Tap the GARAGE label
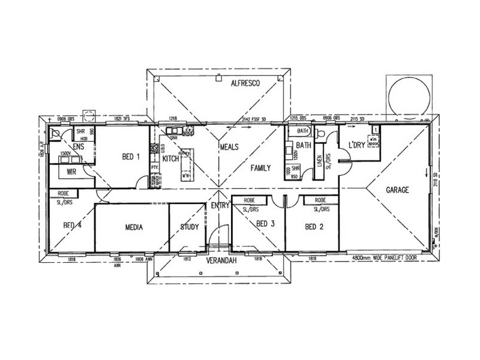point(397,190)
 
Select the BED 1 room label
point(131,157)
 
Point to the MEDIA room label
point(133,228)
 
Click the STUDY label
point(189,228)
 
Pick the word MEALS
point(230,146)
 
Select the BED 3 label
point(265,225)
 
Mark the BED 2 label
point(314,227)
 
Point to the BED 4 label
point(72,226)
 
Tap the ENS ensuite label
point(78,146)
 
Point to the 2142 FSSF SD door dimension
point(256,119)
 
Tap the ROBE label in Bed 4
point(64,194)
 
